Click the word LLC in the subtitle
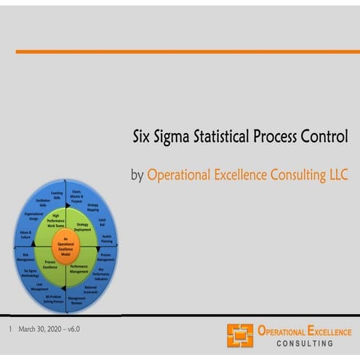point(337,175)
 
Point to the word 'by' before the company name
point(137,176)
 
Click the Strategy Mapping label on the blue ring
point(92,207)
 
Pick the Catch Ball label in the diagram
point(103,221)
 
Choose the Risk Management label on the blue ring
point(25,256)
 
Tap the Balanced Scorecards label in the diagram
point(91,289)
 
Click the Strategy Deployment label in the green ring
point(83,228)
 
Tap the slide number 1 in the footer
point(10,329)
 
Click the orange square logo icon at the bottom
point(240,335)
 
